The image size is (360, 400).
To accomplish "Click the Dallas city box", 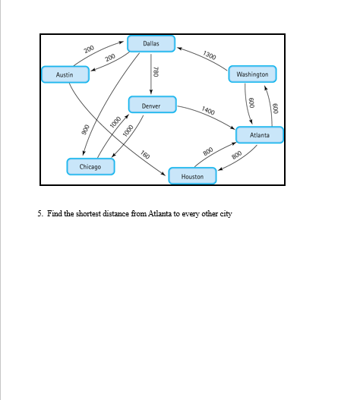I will click(x=151, y=43).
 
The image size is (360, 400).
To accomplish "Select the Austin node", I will click(x=65, y=74).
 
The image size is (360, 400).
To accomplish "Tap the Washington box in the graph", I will click(x=252, y=74).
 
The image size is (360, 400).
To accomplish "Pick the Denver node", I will click(x=152, y=106).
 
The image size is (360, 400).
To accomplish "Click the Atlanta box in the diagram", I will click(x=260, y=135).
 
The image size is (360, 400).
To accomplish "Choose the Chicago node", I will click(x=90, y=166).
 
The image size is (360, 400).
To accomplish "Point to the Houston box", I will click(x=193, y=176).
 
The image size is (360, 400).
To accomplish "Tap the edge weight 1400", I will click(x=208, y=111).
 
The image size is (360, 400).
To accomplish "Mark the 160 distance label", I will click(x=144, y=155).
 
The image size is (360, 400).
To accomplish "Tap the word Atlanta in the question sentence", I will click(x=160, y=214).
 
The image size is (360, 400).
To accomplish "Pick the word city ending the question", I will click(x=226, y=214).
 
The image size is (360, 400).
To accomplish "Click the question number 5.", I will click(x=40, y=214).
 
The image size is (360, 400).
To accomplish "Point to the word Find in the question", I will click(x=54, y=214).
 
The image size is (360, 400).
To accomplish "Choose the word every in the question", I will click(x=190, y=214).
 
